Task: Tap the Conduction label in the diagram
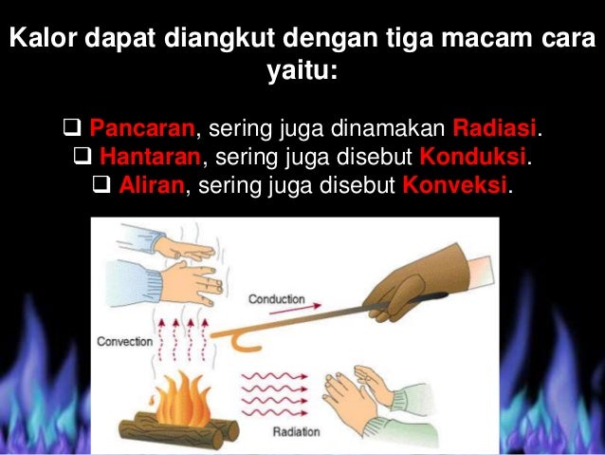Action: pyautogui.click(x=277, y=299)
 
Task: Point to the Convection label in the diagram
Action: pyautogui.click(x=123, y=340)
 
